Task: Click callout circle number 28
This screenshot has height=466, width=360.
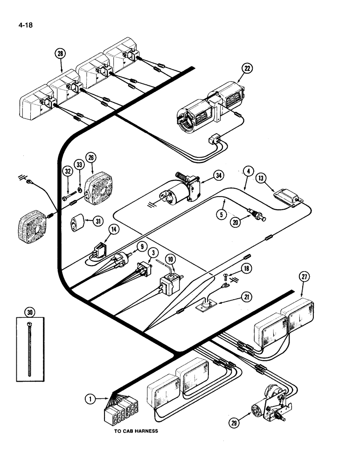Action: tap(61, 54)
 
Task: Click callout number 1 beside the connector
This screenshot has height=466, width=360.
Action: tap(90, 399)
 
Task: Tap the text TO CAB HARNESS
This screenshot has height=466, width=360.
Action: tap(136, 431)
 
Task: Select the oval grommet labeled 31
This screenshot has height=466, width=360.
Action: tap(77, 223)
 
